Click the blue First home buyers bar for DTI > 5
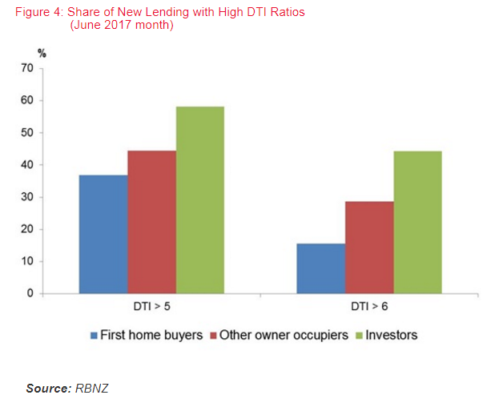(103, 234)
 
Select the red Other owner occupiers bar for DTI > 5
(151, 222)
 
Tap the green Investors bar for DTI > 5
(200, 200)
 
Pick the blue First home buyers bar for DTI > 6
(320, 268)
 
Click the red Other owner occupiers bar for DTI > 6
(369, 248)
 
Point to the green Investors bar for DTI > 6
(417, 222)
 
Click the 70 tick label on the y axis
(27, 69)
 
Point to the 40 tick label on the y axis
(27, 165)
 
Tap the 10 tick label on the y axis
(27, 261)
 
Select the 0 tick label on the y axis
(30, 293)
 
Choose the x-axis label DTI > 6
(368, 308)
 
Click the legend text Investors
(392, 336)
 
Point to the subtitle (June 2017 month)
(122, 25)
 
